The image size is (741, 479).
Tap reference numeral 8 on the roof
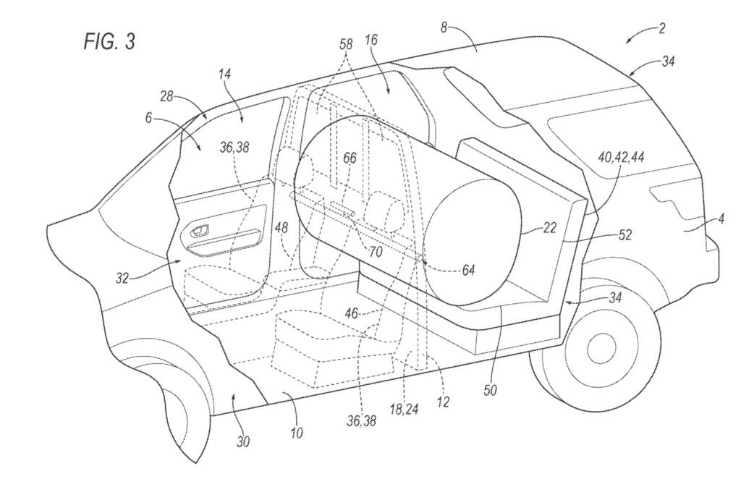coord(444,27)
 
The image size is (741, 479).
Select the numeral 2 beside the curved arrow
coord(662,28)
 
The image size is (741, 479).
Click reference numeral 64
coord(469,269)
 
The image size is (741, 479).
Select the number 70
coord(374,253)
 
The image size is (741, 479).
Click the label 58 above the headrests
coord(347,45)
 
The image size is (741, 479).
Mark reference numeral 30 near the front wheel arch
coord(243,441)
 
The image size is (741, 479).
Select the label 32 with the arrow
coord(122,278)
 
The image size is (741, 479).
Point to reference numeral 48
coord(281,227)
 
